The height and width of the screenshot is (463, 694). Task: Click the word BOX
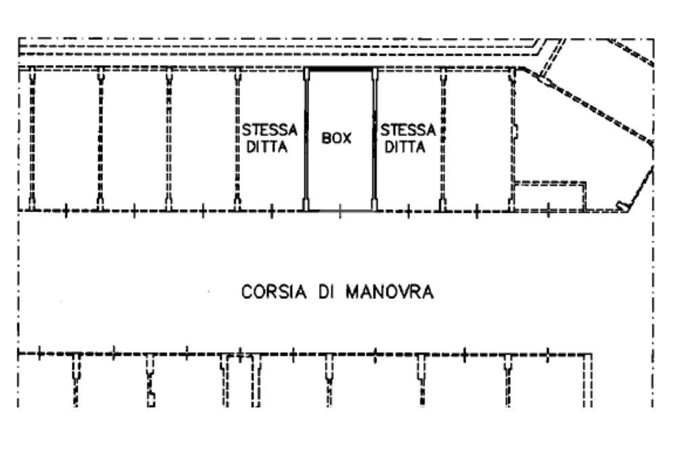click(337, 138)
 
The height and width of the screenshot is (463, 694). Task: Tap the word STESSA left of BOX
click(270, 129)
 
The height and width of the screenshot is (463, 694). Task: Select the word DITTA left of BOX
click(267, 147)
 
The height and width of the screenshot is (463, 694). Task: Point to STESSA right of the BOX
click(407, 129)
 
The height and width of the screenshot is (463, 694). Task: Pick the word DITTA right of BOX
click(405, 147)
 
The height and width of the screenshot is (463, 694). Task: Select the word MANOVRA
click(390, 292)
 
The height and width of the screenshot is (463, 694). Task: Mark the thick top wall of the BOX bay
click(340, 69)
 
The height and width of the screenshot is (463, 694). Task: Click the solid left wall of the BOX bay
click(306, 139)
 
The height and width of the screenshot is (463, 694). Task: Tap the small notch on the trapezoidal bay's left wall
click(516, 131)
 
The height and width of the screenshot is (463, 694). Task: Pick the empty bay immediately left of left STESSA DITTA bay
click(203, 139)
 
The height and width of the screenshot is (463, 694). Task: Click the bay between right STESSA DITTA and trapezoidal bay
click(477, 139)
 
